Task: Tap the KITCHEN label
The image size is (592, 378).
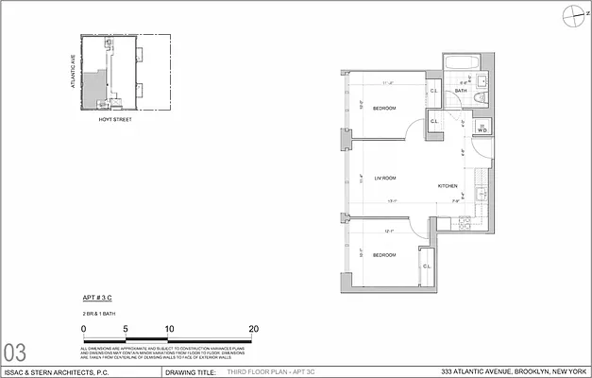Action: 448,186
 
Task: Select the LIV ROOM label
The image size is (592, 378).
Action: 384,179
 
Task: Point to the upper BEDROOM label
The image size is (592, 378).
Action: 383,109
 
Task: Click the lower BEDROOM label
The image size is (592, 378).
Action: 383,255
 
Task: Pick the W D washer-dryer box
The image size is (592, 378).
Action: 482,130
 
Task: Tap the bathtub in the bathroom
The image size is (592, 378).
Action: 463,64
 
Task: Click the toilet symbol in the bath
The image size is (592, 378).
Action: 480,96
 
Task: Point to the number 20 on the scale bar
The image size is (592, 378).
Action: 254,329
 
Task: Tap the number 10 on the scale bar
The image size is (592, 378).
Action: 169,329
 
